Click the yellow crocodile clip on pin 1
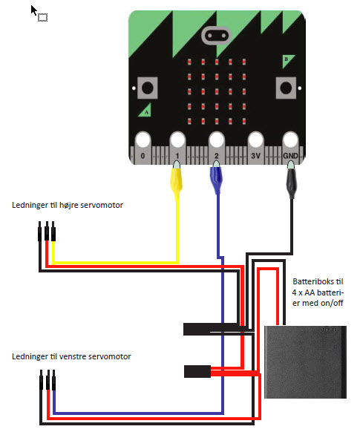pyautogui.click(x=176, y=179)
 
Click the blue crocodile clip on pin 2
pyautogui.click(x=217, y=177)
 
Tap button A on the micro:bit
pyautogui.click(x=148, y=88)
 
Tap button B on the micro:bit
pyautogui.click(x=286, y=88)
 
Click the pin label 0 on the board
pyautogui.click(x=143, y=156)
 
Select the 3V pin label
pyautogui.click(x=255, y=156)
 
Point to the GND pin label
pyautogui.click(x=290, y=156)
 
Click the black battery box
pyautogui.click(x=305, y=362)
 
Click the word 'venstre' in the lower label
pyautogui.click(x=72, y=356)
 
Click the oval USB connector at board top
pyautogui.click(x=216, y=36)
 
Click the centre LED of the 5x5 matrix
pyautogui.click(x=217, y=91)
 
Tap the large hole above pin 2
pyautogui.click(x=217, y=140)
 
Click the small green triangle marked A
pyautogui.click(x=145, y=111)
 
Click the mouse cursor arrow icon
pyautogui.click(x=34, y=11)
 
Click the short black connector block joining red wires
pyautogui.click(x=197, y=371)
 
